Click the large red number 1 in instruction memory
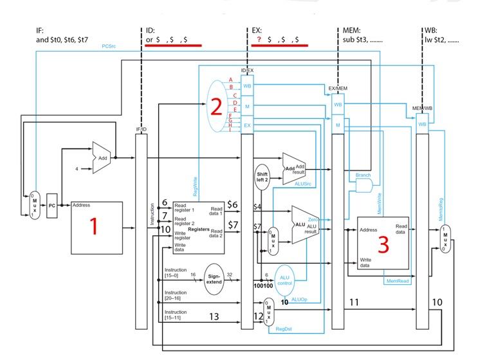point(94,226)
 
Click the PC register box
point(51,205)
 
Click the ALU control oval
point(284,278)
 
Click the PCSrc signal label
point(109,46)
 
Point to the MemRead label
point(397,281)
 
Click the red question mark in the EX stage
point(259,40)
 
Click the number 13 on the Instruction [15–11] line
point(214,316)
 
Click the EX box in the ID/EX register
point(247,125)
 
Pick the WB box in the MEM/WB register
point(422,123)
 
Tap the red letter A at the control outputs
point(230,79)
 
